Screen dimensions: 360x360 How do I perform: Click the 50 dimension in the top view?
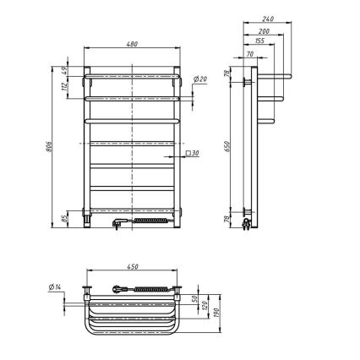[x=196, y=298]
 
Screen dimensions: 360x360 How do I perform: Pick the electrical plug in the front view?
[x=118, y=223]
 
